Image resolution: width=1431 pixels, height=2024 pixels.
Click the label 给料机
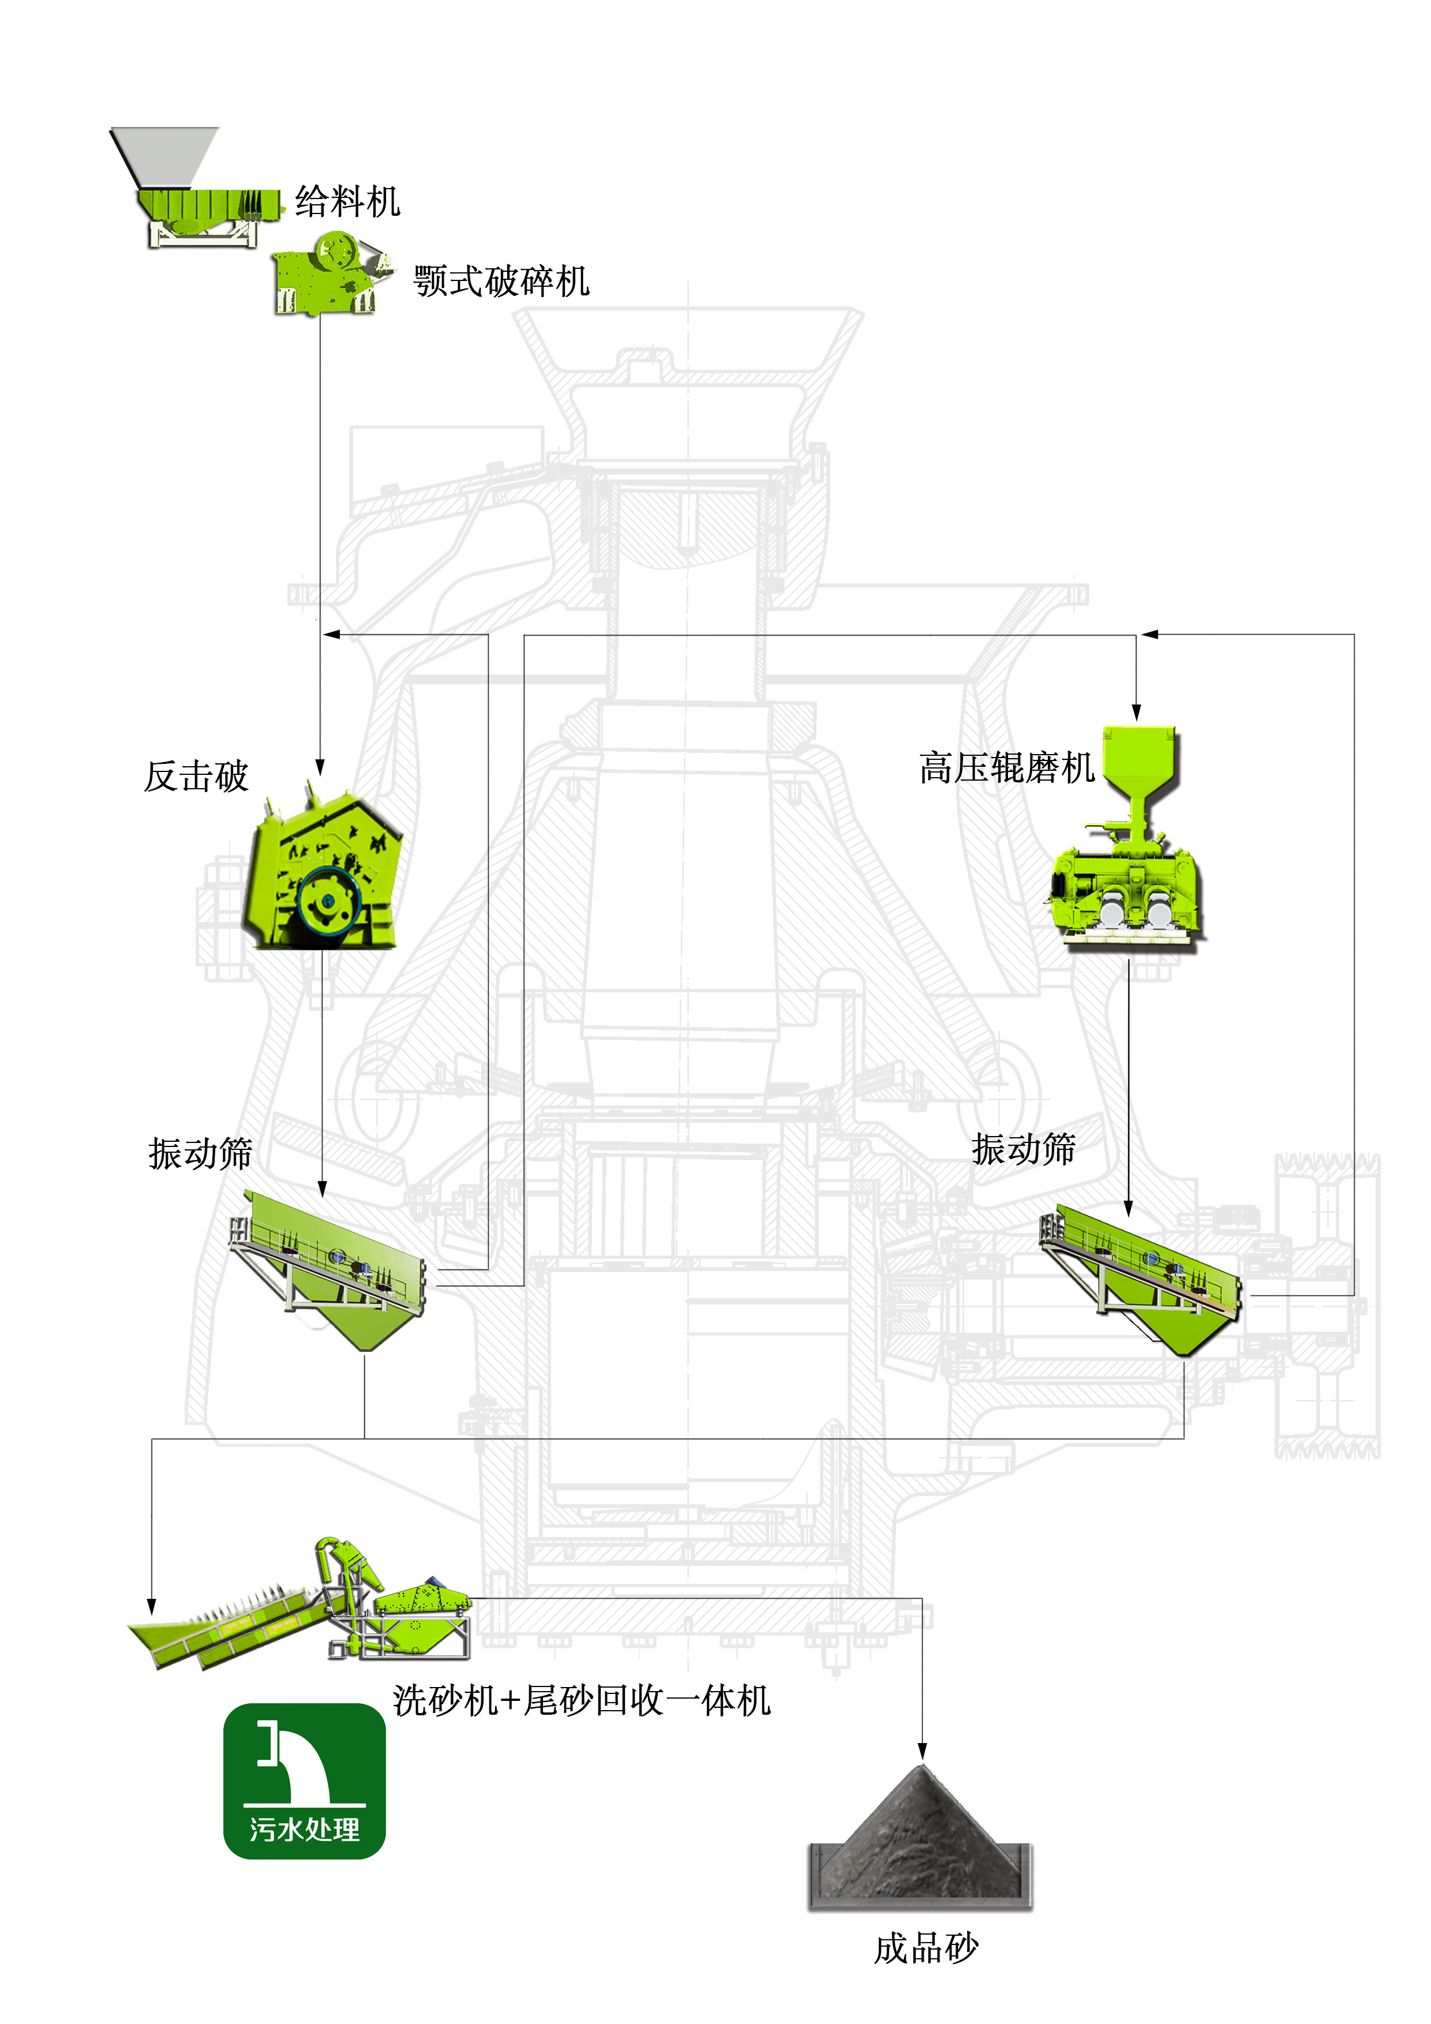[x=347, y=202]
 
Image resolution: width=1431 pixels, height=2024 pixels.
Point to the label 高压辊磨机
[x=1006, y=768]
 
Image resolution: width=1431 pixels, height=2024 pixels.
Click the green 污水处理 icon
[x=304, y=1781]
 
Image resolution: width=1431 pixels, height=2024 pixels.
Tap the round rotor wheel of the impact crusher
[x=328, y=901]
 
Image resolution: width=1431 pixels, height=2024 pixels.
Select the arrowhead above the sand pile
[x=922, y=1750]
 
